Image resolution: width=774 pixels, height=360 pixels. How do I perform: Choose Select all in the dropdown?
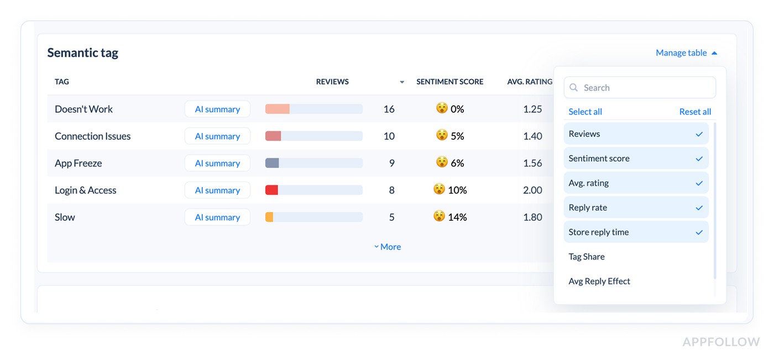[x=585, y=112]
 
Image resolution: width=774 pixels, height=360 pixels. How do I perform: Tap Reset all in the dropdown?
[x=695, y=112]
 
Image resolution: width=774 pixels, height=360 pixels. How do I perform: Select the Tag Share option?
[x=587, y=257]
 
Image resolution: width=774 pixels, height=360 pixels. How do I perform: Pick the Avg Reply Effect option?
[x=599, y=281]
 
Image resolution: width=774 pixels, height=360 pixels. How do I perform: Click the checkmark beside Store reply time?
[x=699, y=232]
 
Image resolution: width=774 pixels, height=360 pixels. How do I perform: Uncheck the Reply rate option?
[x=636, y=208]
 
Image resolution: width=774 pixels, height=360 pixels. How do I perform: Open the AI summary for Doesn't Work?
[x=217, y=109]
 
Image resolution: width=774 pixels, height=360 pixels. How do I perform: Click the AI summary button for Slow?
[x=217, y=217]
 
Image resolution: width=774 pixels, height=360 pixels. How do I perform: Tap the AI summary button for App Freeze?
[x=217, y=163]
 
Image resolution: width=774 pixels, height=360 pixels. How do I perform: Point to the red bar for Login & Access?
[x=271, y=190]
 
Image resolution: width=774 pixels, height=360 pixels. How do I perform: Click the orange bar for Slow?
[x=269, y=217]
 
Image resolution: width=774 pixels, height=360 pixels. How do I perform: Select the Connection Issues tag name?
[x=92, y=137]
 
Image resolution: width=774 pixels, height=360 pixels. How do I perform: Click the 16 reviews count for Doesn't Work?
[x=389, y=109]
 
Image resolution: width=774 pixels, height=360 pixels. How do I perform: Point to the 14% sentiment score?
[x=457, y=217]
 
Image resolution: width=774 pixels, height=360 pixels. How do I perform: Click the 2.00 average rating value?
[x=532, y=190]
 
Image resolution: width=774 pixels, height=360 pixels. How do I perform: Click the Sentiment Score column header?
[x=449, y=82]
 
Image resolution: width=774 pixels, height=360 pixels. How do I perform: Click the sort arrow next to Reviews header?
[x=402, y=82]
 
